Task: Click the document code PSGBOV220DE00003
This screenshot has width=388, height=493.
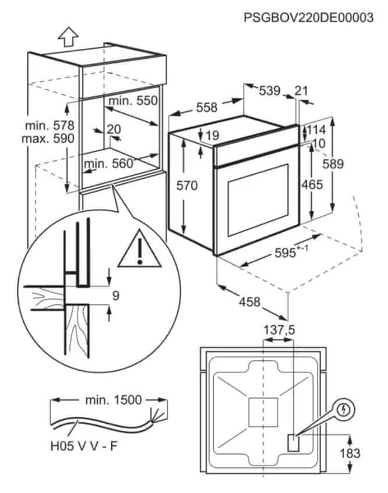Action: [309, 17]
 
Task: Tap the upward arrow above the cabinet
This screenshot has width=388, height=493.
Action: [68, 37]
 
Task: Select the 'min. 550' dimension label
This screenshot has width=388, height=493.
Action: [133, 101]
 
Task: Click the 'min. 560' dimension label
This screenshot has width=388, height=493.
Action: [108, 164]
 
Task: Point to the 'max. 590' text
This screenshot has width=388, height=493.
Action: [48, 139]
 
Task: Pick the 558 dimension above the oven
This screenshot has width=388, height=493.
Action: [206, 107]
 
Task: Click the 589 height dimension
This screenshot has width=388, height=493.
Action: [333, 164]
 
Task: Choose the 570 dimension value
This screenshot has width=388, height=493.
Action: [188, 186]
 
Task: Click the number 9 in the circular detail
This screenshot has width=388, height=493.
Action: [115, 296]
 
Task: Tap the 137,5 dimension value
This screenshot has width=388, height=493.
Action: [280, 330]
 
